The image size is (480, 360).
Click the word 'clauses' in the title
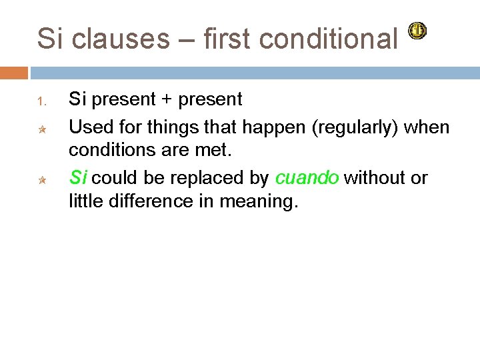pos(121,39)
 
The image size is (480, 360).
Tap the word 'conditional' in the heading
pos(329,39)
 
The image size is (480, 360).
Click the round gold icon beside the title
pos(417,31)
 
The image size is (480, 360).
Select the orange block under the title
pos(14,72)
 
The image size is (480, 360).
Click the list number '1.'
pos(41,101)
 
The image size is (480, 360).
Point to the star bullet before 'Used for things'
pos(41,127)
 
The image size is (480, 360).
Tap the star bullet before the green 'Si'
pos(41,179)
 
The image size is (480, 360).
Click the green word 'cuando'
pos(307,178)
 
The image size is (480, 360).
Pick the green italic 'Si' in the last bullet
pos(78,178)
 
